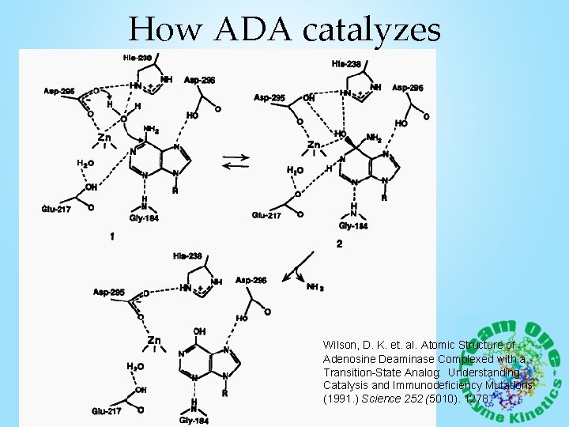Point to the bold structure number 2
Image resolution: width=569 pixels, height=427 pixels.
coord(339,244)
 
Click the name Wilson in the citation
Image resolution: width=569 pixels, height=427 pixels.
coord(341,346)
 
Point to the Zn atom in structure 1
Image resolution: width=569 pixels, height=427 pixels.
coord(104,138)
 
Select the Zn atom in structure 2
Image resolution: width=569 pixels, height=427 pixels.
coord(314,145)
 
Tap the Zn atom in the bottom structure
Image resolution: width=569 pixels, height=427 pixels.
coord(155,341)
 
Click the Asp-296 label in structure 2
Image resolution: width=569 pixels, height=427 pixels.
coord(409,86)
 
